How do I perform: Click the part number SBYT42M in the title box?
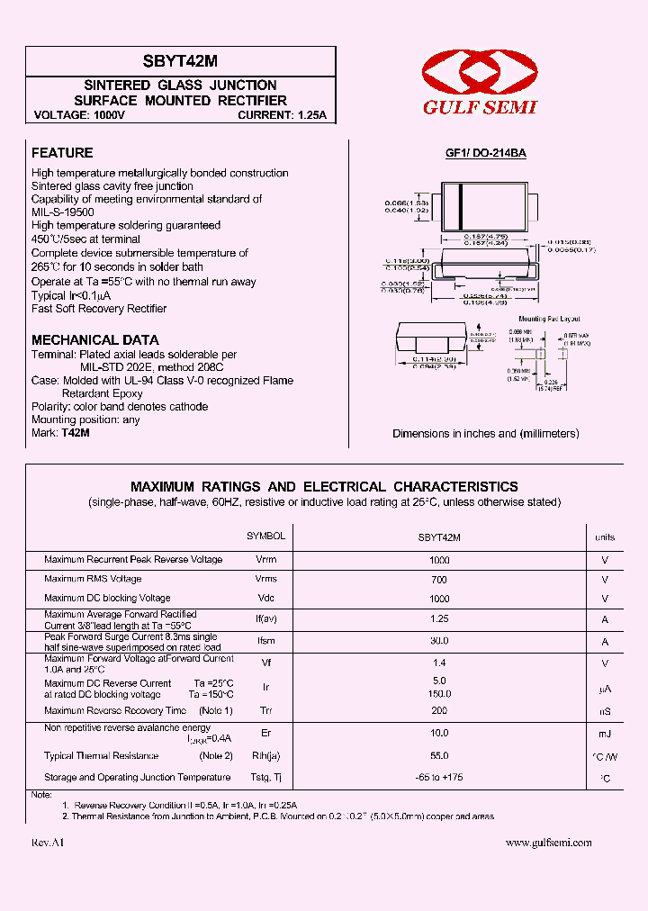coord(180,61)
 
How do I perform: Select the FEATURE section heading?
coord(62,153)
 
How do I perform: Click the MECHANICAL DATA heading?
coord(94,340)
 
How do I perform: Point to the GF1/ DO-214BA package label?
coord(486,153)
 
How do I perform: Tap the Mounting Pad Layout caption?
coord(549,319)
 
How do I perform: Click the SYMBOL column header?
coord(265,537)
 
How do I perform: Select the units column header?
coord(605,537)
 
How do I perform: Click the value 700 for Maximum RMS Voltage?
coord(439,580)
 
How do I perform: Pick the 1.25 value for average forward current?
coord(439,619)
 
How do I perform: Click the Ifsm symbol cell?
coord(265,642)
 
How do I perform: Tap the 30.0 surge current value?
coord(439,642)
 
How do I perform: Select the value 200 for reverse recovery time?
coord(439,711)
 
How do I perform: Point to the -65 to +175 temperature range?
coord(439,778)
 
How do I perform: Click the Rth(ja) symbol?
coord(266,756)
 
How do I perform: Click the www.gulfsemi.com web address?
coord(549,843)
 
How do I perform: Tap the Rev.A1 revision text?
coord(48,843)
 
